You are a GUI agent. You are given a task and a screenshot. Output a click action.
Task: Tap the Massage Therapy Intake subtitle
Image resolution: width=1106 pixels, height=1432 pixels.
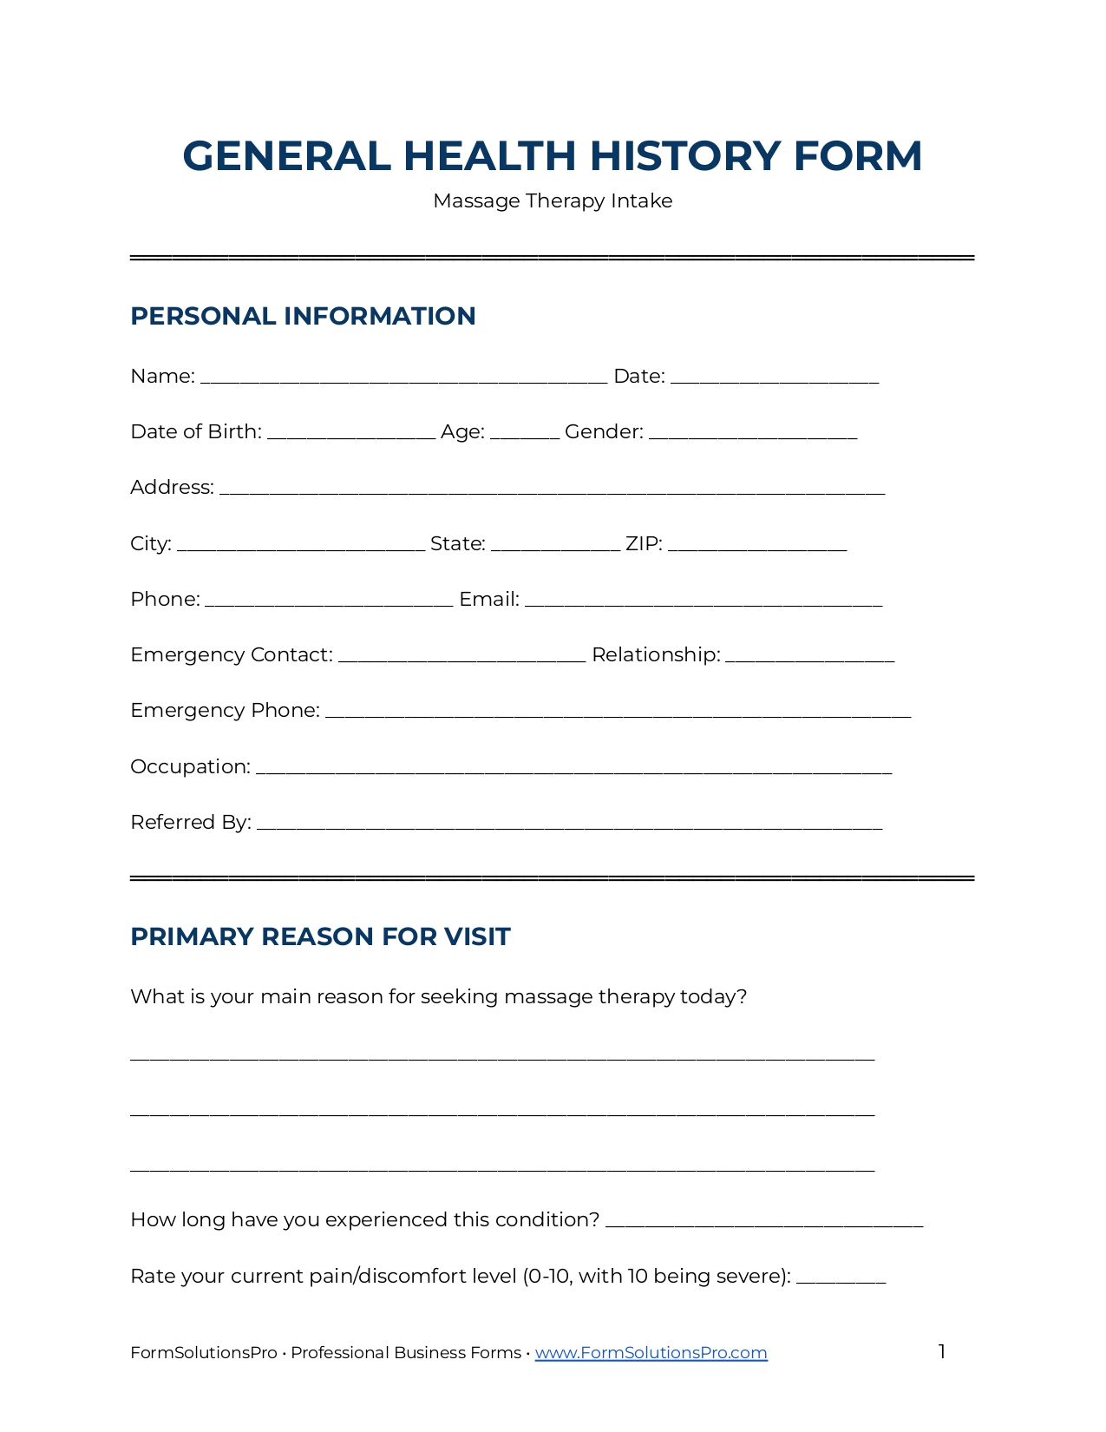pos(553,201)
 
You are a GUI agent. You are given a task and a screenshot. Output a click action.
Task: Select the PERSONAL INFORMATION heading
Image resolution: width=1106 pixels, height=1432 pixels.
pos(303,316)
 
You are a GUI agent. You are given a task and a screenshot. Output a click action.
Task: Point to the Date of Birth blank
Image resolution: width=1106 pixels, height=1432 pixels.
pos(351,434)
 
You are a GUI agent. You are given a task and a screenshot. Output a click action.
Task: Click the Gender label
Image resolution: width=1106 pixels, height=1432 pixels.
pos(604,432)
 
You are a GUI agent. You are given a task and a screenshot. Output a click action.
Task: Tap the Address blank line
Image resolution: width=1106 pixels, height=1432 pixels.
pos(552,489)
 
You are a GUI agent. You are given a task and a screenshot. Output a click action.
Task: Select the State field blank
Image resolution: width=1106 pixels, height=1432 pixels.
pos(555,546)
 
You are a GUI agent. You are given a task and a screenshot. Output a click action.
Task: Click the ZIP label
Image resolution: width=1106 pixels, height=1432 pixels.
pos(644,544)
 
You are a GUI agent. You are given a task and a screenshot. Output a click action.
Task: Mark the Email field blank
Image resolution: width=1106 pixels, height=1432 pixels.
pos(704,601)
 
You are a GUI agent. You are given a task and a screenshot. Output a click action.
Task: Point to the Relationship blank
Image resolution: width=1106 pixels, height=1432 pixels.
pos(809,657)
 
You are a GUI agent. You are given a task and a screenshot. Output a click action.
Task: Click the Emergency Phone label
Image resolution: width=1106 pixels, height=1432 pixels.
pos(225,711)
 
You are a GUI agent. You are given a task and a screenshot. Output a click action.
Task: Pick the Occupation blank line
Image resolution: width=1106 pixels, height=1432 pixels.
pos(573,769)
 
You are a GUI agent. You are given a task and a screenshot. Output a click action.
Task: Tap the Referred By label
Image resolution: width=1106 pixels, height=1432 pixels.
pos(191,823)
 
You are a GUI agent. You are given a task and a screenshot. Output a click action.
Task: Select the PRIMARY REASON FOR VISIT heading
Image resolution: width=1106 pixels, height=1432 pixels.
pos(320,937)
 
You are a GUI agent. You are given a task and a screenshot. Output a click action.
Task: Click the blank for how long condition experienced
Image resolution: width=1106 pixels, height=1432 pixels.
pos(764,1222)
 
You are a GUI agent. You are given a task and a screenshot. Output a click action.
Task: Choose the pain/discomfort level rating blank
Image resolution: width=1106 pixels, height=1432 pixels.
pos(841,1278)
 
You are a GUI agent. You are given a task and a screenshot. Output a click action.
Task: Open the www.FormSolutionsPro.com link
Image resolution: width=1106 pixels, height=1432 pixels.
pos(651,1353)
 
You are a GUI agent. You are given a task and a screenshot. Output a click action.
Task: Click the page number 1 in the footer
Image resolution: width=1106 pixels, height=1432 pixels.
pos(941,1351)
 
